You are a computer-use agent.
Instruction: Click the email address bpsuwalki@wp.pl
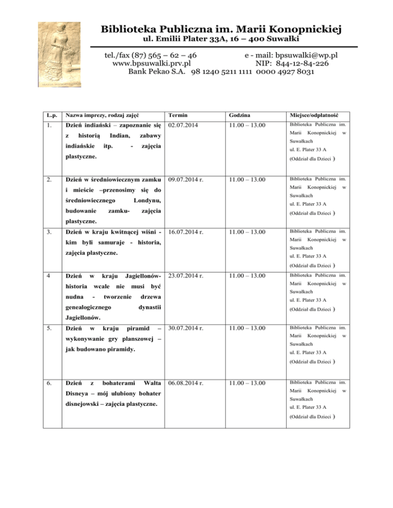pyautogui.click(x=307, y=55)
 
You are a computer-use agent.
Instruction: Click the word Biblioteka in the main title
pyautogui.click(x=130, y=28)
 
